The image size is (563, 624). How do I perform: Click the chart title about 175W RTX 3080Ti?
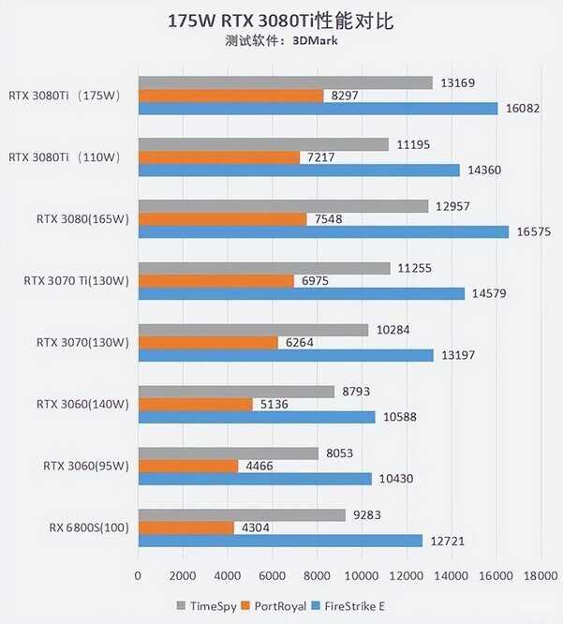(x=281, y=20)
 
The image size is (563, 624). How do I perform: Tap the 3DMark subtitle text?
(x=282, y=42)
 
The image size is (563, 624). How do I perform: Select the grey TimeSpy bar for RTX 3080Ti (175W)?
(x=285, y=82)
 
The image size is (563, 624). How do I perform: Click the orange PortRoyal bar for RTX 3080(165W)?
(x=222, y=219)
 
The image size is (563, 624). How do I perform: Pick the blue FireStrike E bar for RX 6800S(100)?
(x=280, y=541)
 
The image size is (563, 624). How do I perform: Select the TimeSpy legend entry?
(x=207, y=606)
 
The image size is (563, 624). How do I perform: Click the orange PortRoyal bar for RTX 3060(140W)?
(x=195, y=405)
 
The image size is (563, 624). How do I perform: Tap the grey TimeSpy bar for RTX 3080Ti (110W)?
(x=262, y=144)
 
